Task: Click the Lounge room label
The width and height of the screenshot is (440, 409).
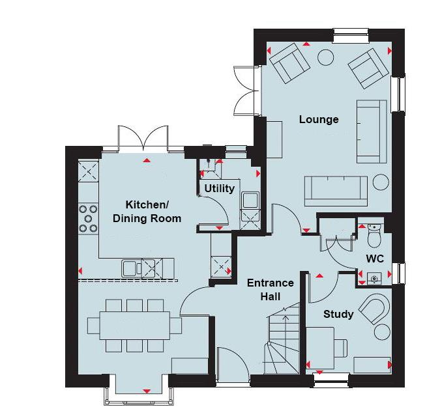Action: pos(319,119)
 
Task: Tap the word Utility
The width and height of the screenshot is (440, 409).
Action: pos(220,189)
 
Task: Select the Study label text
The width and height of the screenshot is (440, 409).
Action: pos(338,314)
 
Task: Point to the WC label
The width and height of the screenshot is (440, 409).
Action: pos(375,259)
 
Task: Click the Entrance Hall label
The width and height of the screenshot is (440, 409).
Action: pos(271,290)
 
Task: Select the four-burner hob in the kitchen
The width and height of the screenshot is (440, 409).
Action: pos(88,219)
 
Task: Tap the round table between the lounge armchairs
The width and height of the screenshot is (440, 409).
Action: pos(325,58)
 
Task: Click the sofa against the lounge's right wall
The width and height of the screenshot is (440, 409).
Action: pos(370,131)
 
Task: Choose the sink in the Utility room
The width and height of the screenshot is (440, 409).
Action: pos(250,200)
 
